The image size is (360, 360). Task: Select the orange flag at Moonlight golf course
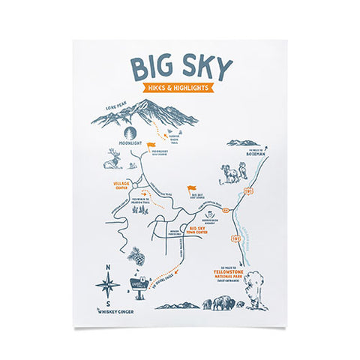151,144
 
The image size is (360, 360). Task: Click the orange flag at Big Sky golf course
190,190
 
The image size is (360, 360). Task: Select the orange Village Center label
121,184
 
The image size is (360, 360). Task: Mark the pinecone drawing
136,257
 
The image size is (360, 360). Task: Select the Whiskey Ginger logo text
115,311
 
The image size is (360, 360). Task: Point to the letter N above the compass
108,268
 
